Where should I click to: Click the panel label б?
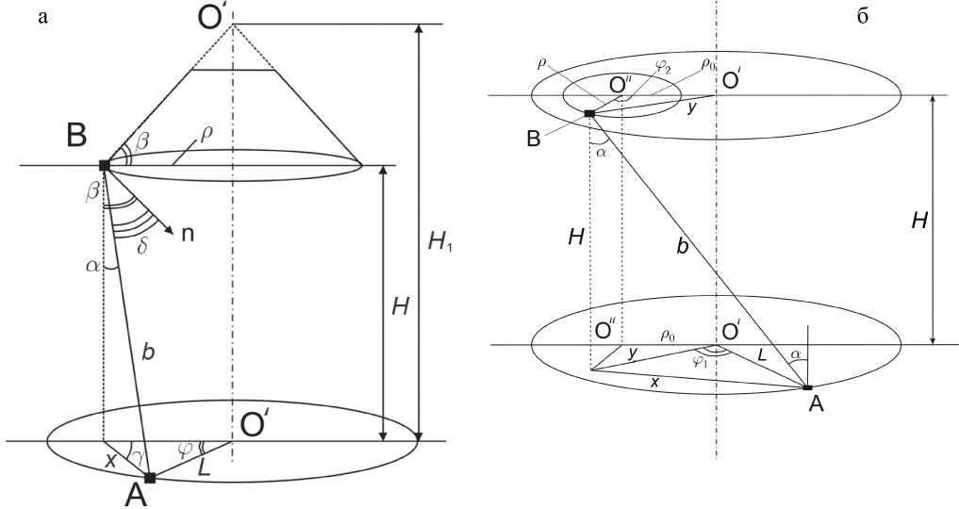click(x=862, y=17)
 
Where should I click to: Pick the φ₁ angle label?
click(x=699, y=359)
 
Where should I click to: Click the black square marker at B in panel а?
click(x=104, y=165)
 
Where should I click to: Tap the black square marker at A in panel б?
click(x=807, y=386)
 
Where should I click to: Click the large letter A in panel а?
click(x=138, y=496)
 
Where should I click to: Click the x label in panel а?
click(x=109, y=463)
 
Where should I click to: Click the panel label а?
click(x=41, y=16)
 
